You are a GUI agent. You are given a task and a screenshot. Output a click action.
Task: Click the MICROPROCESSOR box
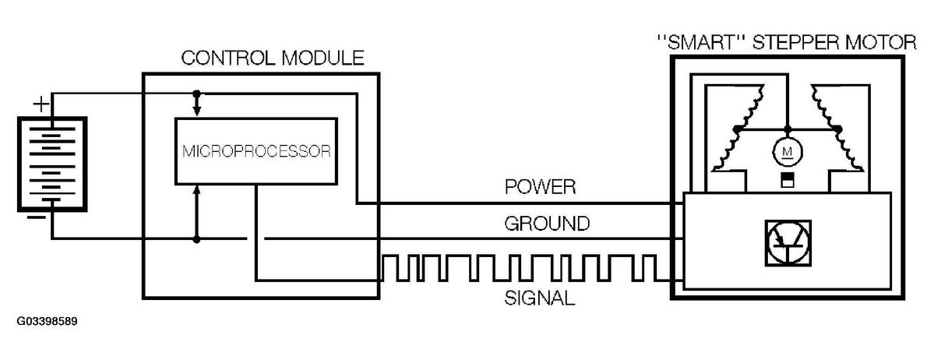256,150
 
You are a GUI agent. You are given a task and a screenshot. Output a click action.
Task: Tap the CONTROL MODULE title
272,58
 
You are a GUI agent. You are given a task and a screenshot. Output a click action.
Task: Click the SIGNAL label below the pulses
540,298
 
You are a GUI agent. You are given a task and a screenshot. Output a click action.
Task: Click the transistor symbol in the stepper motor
787,242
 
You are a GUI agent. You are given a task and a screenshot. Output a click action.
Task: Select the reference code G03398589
45,321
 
